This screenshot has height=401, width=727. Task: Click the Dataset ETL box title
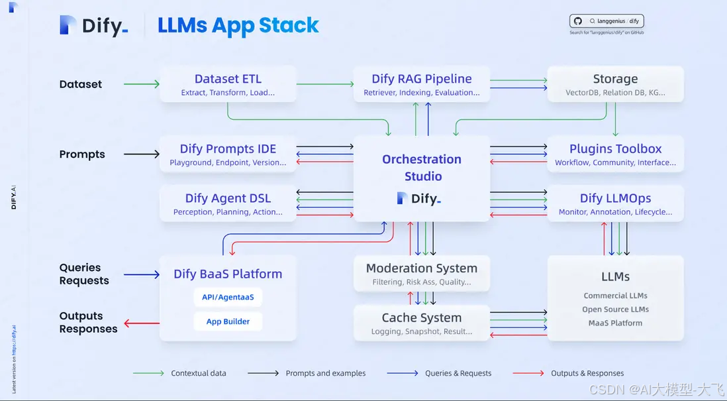(x=228, y=79)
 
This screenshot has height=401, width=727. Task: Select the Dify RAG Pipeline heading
(x=422, y=79)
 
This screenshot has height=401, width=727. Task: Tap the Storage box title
(x=615, y=79)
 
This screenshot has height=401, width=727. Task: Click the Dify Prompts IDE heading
(x=228, y=149)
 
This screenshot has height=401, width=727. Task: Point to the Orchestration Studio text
(x=422, y=168)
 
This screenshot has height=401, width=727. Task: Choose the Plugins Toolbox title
(x=615, y=149)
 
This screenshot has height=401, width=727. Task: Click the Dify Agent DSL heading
(x=228, y=198)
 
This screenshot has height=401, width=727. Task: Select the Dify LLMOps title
(x=615, y=198)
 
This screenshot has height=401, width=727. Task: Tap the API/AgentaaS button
(x=228, y=298)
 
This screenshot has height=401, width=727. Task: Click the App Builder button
(x=228, y=321)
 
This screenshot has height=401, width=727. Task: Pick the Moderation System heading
(x=422, y=268)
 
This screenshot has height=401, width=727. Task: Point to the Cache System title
(x=422, y=317)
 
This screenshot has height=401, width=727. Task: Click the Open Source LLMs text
(x=615, y=310)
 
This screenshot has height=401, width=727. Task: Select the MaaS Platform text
(x=615, y=323)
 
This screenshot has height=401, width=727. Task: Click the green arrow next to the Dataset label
(x=142, y=84)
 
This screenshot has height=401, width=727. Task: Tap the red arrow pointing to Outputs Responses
(x=142, y=323)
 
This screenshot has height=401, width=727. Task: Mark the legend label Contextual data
(x=198, y=373)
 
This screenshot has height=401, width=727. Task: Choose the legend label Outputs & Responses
(x=587, y=373)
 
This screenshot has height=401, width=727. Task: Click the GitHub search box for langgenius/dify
(x=606, y=21)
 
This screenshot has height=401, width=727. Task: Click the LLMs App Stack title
(x=238, y=26)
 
